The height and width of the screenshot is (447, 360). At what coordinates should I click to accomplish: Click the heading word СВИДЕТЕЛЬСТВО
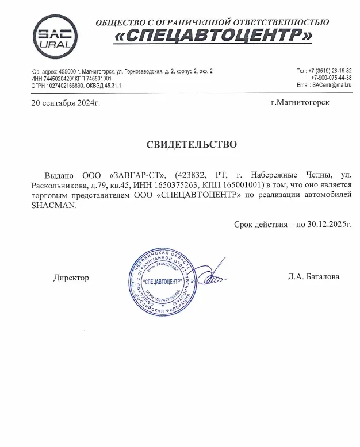point(192,144)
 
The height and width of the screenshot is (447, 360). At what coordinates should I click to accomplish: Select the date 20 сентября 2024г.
point(66,103)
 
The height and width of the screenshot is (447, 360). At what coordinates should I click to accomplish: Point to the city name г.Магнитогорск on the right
point(304,103)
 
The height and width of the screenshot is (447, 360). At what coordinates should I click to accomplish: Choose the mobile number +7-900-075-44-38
point(331,78)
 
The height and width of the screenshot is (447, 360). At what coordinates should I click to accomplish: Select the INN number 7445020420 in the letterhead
point(55,78)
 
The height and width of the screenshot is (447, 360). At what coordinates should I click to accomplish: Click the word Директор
point(71,277)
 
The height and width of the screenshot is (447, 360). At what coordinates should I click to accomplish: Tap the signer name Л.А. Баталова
point(313,276)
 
